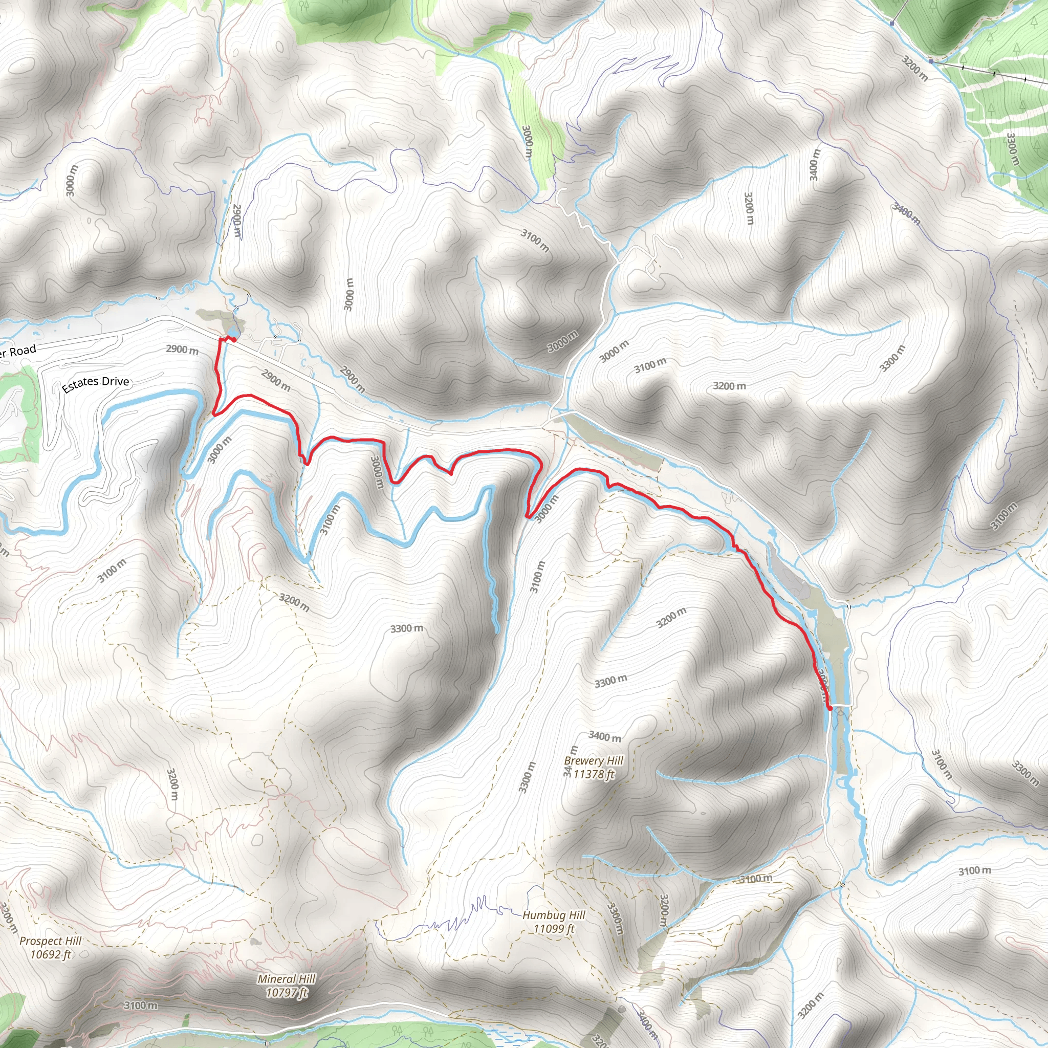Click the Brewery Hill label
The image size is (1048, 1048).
tap(594, 760)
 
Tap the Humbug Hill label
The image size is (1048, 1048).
tap(554, 915)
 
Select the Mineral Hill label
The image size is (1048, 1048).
tap(287, 979)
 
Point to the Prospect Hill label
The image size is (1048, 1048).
tap(51, 941)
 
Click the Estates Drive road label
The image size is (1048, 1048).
tap(96, 384)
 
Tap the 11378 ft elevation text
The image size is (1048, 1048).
tap(594, 774)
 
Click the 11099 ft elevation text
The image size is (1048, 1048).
tap(554, 929)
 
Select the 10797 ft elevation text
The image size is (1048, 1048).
tap(287, 993)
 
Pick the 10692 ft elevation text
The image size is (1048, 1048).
tap(51, 955)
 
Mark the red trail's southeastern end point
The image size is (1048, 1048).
tap(829, 708)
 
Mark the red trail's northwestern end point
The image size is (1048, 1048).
tap(233, 340)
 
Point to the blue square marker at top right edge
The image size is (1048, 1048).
tap(892, 24)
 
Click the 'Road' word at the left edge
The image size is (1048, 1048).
tap(21, 351)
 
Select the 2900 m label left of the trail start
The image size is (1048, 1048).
tap(182, 350)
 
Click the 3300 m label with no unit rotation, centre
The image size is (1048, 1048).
tap(406, 629)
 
